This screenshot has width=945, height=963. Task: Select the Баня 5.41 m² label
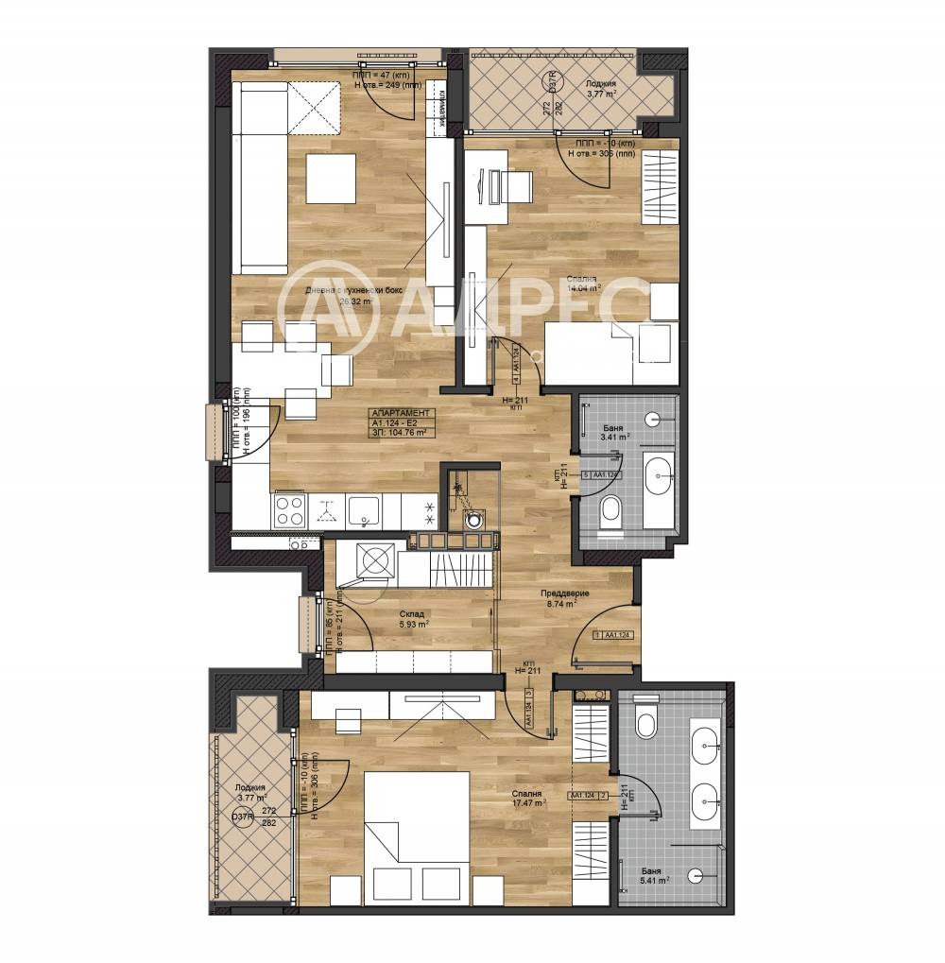click(650, 874)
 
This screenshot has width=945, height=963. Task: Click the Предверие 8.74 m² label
click(565, 598)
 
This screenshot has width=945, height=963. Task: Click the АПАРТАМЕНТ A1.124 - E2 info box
click(401, 422)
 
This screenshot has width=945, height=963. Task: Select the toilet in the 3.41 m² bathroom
click(611, 512)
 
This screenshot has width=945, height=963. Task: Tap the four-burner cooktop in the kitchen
click(289, 510)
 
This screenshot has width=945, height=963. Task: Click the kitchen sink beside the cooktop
click(363, 511)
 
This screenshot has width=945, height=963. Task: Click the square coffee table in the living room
click(331, 178)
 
